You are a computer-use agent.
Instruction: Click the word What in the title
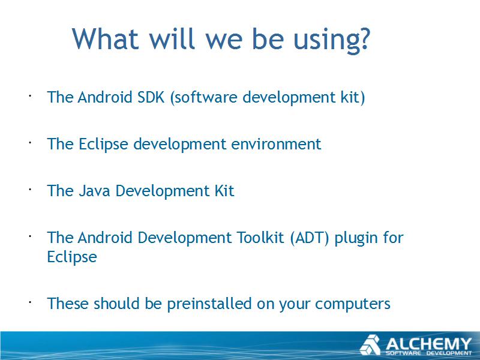[x=106, y=38]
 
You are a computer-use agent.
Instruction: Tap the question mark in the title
[x=364, y=38]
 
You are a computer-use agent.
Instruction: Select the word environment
[x=276, y=144]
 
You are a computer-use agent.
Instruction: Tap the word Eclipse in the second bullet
[x=103, y=145]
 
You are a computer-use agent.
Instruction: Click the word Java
[x=94, y=191]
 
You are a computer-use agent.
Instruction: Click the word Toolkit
[x=260, y=238]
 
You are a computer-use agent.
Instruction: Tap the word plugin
[x=356, y=239]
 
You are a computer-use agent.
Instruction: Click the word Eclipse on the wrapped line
[x=72, y=257]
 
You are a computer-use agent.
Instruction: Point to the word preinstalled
[x=209, y=304]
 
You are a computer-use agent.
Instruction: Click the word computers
[x=353, y=305]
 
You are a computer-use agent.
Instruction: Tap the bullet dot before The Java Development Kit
[x=31, y=190]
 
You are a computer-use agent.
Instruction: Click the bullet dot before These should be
[x=31, y=302]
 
